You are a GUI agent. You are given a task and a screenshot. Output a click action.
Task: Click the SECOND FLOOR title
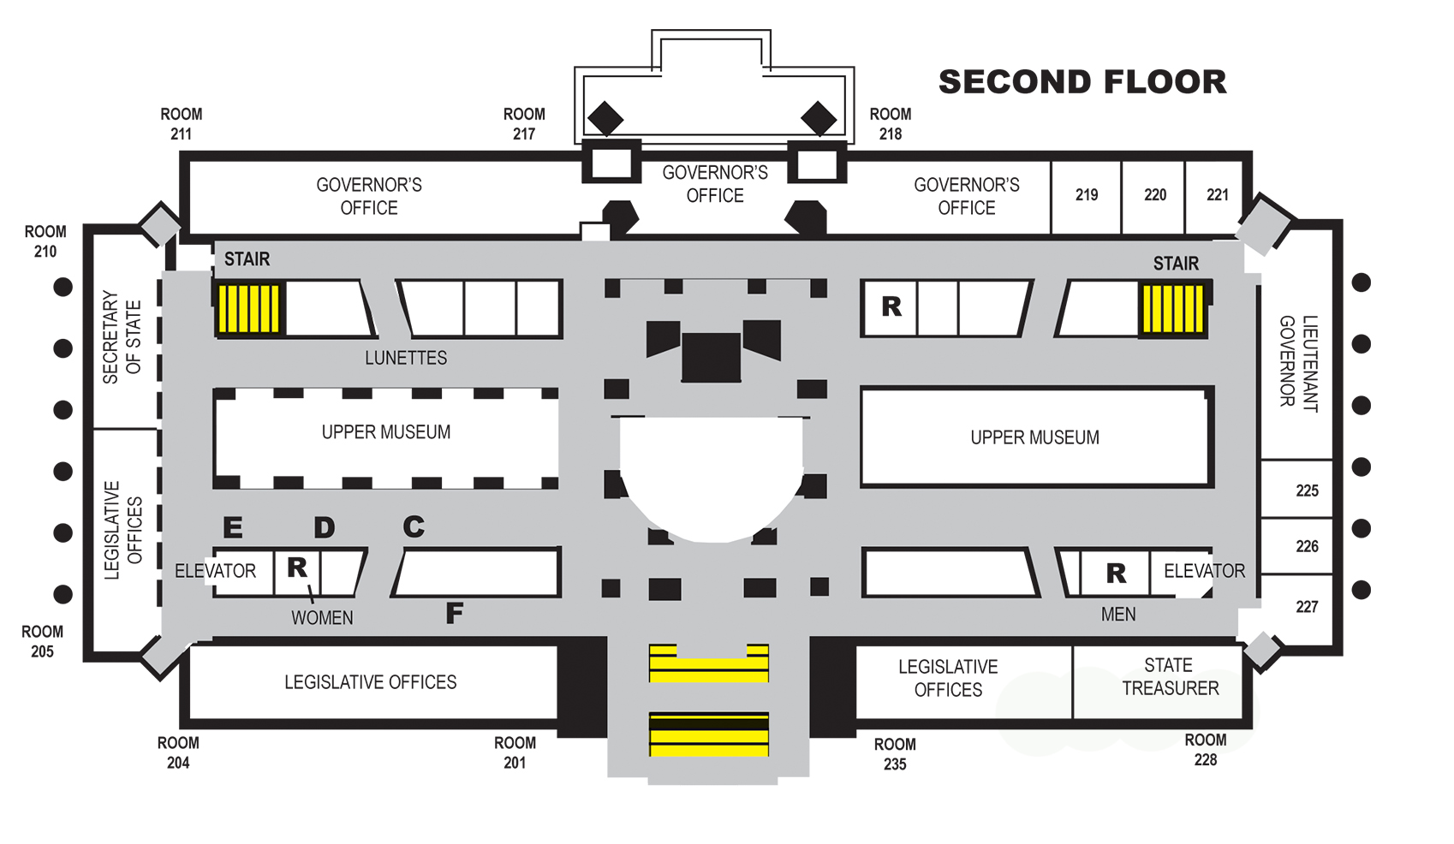[x=1082, y=82]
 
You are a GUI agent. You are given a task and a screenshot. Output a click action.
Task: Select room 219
[x=1087, y=195]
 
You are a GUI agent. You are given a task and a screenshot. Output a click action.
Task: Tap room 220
[x=1155, y=195]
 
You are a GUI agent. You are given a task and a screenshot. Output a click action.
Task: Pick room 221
[x=1217, y=195]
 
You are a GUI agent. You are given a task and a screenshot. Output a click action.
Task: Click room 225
[x=1307, y=490]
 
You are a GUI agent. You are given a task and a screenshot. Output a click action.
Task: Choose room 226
[x=1307, y=546]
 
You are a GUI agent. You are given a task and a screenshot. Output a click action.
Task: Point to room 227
[x=1307, y=607]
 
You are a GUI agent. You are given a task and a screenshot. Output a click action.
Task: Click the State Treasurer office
[x=1170, y=677]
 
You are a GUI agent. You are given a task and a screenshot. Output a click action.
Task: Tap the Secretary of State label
[x=122, y=336]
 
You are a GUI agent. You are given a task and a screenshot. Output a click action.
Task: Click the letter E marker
[x=232, y=527]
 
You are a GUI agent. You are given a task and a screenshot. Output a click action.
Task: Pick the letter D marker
[x=324, y=527]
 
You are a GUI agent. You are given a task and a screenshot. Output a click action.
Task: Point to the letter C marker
[x=414, y=526]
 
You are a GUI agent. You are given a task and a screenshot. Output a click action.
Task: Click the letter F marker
[x=455, y=613]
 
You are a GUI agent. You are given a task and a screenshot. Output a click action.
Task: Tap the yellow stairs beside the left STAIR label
[x=248, y=308]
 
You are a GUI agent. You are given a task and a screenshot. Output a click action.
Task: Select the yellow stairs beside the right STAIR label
[x=1171, y=308]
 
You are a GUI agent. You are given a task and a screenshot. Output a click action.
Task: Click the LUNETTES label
[x=406, y=358]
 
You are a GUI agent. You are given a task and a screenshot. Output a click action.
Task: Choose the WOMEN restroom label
[x=322, y=618]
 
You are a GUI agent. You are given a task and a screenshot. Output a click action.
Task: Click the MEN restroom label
[x=1118, y=615]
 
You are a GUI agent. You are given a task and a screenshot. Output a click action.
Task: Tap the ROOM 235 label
[x=894, y=754]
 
